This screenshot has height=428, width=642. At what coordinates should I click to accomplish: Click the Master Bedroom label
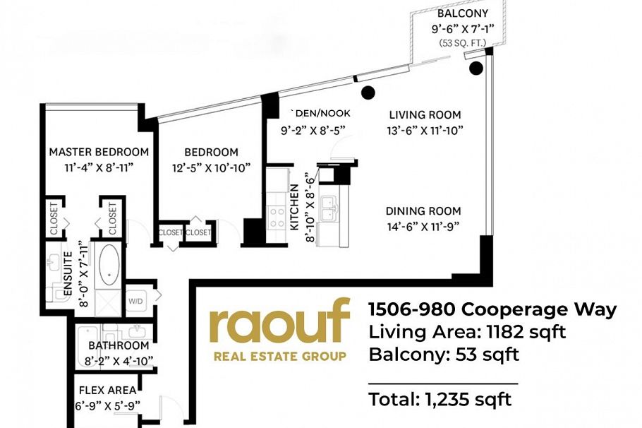coord(99,152)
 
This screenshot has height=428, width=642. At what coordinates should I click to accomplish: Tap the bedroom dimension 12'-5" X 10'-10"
coord(212,167)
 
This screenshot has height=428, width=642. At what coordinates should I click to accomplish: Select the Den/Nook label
coord(322,113)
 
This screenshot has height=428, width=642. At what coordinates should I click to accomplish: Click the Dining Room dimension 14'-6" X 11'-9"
coord(423,227)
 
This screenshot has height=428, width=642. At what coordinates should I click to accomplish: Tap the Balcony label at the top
coord(462,13)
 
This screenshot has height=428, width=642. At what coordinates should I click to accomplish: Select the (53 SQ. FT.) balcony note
coord(462,43)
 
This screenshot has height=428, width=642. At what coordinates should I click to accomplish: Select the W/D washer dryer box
coord(136,300)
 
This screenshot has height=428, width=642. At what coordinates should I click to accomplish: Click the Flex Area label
coord(107,389)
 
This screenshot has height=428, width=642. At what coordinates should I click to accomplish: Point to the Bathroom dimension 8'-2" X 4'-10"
coord(119,360)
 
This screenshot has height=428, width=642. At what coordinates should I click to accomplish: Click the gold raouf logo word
coord(279,322)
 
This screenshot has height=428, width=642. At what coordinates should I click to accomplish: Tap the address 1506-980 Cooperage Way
coord(492,309)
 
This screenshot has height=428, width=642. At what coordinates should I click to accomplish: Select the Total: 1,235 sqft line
coord(440,400)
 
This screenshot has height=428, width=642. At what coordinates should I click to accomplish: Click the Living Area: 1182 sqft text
coord(467,332)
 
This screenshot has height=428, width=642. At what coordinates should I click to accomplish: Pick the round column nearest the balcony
coord(476,68)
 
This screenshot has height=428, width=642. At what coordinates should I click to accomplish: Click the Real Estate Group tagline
coord(279,356)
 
